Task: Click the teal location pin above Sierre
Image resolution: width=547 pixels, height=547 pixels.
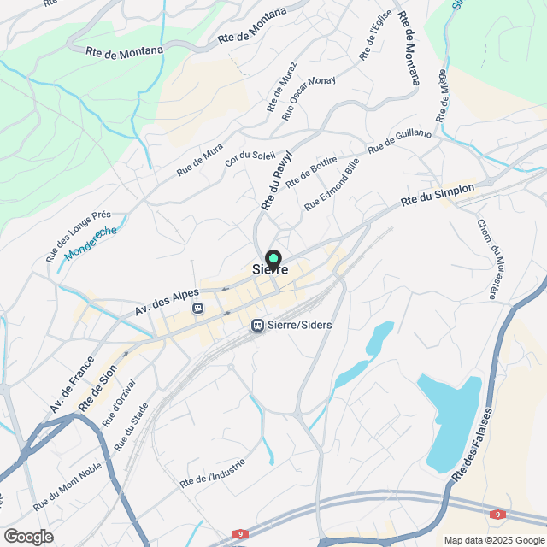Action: (273, 258)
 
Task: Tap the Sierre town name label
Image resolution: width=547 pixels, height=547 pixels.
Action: (270, 270)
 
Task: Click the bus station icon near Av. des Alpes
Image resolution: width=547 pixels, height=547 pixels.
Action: (198, 308)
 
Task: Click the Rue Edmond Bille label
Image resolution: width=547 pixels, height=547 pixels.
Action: (332, 184)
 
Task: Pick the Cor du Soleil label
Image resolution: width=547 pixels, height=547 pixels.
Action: (250, 151)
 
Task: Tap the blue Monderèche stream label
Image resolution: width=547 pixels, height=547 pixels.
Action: (91, 242)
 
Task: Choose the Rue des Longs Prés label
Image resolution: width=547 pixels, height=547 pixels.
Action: (79, 236)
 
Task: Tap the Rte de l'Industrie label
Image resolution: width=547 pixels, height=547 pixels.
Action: (213, 473)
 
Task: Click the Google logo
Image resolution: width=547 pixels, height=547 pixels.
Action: (27, 537)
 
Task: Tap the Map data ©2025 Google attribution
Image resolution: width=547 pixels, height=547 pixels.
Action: (493, 540)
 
